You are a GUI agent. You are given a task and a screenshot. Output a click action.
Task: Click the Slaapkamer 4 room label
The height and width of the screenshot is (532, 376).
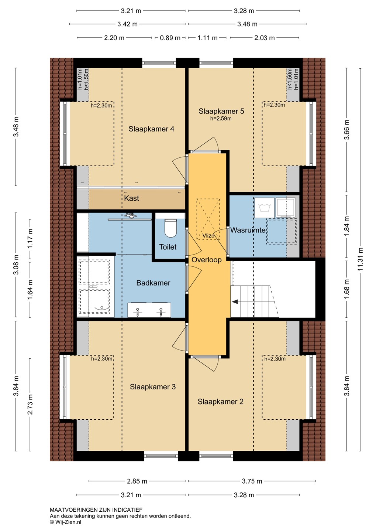pyautogui.click(x=151, y=129)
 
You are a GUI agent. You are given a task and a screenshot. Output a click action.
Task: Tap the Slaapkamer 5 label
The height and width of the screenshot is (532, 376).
pyautogui.click(x=221, y=111)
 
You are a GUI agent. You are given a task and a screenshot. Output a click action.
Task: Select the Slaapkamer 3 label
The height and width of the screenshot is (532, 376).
pyautogui.click(x=153, y=387)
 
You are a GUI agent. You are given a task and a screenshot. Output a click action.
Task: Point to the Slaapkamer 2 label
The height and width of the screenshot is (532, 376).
pyautogui.click(x=220, y=402)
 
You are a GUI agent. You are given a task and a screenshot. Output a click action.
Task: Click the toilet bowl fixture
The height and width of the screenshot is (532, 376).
pyautogui.click(x=171, y=228)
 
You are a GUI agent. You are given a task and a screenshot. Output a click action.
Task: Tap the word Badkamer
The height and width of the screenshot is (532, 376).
pyautogui.click(x=153, y=283)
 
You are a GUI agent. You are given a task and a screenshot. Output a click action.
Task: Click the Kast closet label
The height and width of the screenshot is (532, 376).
pyautogui.click(x=131, y=198)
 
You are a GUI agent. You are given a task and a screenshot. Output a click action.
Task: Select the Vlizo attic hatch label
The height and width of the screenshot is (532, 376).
pyautogui.click(x=208, y=236)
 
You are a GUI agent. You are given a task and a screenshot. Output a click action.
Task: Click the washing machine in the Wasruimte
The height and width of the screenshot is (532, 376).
pyautogui.click(x=265, y=208)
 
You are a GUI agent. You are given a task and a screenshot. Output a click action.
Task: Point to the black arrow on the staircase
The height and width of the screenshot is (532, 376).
pyautogui.click(x=235, y=302)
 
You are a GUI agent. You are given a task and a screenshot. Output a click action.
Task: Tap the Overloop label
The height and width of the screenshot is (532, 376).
pyautogui.click(x=206, y=260)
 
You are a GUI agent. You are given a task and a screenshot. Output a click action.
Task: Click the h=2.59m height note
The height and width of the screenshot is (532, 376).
pyautogui.click(x=221, y=119)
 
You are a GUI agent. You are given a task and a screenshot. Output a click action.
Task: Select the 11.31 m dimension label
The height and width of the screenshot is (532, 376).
pyautogui.click(x=361, y=259)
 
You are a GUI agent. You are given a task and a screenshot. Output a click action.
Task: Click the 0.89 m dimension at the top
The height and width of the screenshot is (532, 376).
pyautogui.click(x=170, y=38)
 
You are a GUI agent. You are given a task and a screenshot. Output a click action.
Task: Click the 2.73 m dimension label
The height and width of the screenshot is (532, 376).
pyautogui.click(x=30, y=404)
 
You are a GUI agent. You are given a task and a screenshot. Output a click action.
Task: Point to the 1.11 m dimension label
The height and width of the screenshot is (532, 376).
pyautogui.click(x=208, y=38)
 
